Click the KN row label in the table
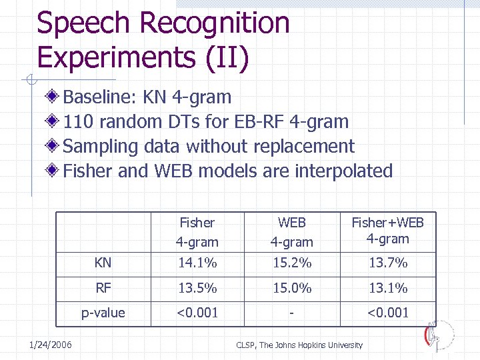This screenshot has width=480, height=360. pos(103,263)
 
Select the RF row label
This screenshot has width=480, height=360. pos(103,288)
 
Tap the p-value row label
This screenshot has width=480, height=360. pos(103,313)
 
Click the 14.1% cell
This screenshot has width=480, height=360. pos(197,263)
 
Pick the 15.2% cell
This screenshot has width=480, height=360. pos(291,263)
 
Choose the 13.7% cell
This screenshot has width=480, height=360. pos(387,263)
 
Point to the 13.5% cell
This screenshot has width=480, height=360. pos(197,288)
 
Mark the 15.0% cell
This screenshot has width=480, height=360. pos(291,288)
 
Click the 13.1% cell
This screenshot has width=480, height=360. pos(387,288)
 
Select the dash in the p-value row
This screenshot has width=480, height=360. pos(291,313)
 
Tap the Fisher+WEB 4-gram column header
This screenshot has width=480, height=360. pos(387,231)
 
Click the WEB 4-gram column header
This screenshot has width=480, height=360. pos(291,231)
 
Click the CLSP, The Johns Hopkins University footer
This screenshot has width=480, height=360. pos(299,345)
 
